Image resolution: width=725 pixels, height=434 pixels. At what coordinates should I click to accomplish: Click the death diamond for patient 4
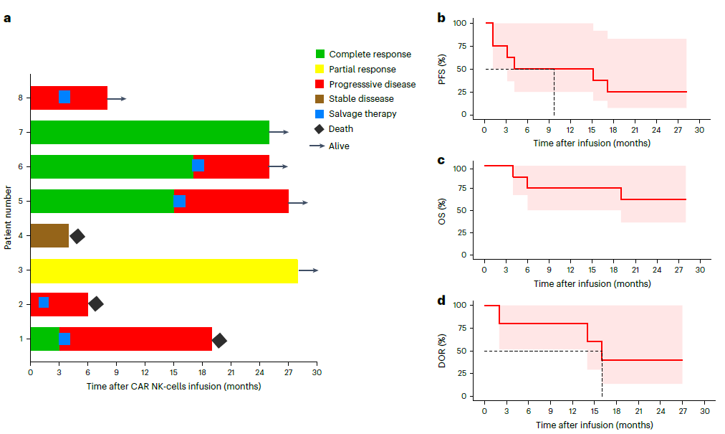coord(77,235)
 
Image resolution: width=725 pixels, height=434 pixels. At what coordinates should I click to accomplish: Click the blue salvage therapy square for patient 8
coord(64,97)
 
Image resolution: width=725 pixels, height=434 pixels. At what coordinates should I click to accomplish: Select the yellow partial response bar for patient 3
coord(163,270)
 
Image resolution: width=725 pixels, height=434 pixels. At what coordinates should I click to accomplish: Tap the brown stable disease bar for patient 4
coord(49,235)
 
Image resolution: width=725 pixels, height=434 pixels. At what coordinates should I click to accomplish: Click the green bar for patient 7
coord(149,132)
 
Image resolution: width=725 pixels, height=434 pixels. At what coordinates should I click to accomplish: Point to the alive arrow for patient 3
coord(309,270)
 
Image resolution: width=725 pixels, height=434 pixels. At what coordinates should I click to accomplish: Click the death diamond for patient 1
coord(219,340)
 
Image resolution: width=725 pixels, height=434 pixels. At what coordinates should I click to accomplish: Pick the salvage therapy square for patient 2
coord(43,302)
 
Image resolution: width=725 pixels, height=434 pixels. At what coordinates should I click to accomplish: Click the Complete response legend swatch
coord(320,55)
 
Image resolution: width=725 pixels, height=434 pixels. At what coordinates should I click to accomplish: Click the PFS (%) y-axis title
coord(442,69)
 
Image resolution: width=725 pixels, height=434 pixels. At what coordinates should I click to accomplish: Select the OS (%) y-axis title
coord(442,212)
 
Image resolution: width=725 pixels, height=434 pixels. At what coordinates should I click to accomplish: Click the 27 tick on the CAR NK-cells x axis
coord(288,373)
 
